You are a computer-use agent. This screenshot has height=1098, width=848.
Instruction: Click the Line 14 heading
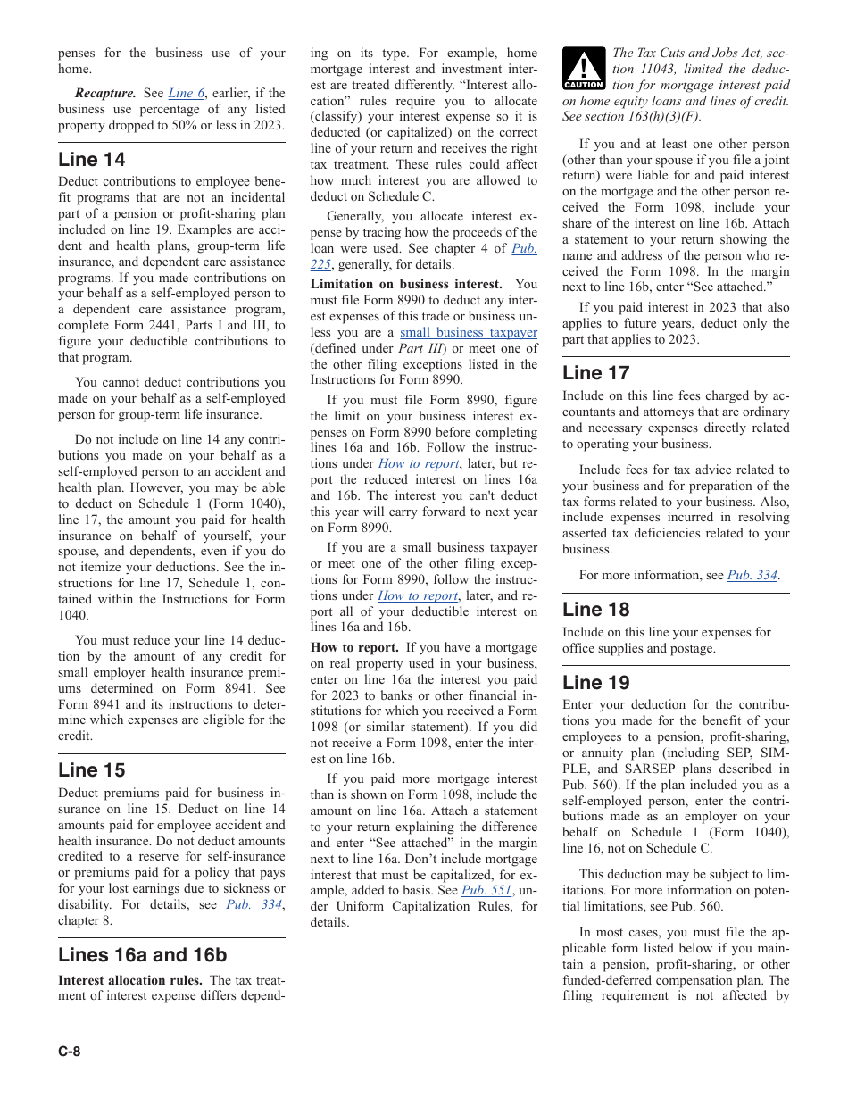(x=92, y=160)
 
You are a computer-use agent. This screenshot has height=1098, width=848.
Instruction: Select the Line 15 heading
(x=92, y=769)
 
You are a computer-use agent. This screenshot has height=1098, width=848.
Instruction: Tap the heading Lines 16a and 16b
(x=143, y=954)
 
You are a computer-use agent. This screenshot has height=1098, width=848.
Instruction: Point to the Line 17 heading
(x=595, y=373)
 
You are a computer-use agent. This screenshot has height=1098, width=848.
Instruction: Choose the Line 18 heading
(x=595, y=610)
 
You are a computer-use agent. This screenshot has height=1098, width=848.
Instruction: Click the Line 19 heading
(x=595, y=683)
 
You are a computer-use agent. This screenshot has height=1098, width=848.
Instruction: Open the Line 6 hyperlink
(x=186, y=93)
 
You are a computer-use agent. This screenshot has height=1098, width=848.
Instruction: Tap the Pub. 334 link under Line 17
(x=752, y=576)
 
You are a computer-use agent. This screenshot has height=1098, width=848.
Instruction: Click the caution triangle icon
(x=584, y=69)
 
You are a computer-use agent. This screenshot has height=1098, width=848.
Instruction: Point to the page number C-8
(x=70, y=1051)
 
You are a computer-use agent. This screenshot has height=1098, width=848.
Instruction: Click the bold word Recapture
(x=105, y=93)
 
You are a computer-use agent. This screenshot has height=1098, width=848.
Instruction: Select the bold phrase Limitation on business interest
(x=406, y=284)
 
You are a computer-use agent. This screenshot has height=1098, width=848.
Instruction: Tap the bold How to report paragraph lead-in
(x=354, y=648)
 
